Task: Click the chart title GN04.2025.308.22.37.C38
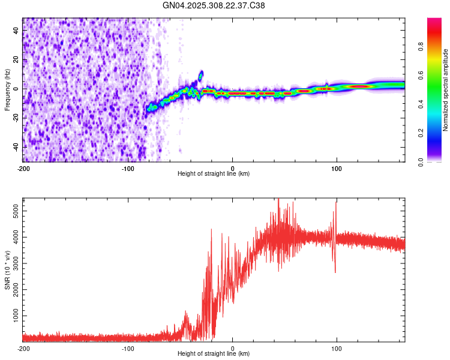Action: click(x=214, y=5)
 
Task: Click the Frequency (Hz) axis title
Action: click(x=7, y=89)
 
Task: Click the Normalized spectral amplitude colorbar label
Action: click(x=445, y=90)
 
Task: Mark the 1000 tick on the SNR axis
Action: click(x=14, y=316)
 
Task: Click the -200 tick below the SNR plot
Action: click(x=23, y=347)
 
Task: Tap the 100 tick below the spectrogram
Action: click(x=337, y=167)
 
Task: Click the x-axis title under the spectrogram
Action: click(x=214, y=174)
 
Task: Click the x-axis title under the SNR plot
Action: click(x=214, y=354)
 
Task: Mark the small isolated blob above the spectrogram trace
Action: click(x=201, y=74)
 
